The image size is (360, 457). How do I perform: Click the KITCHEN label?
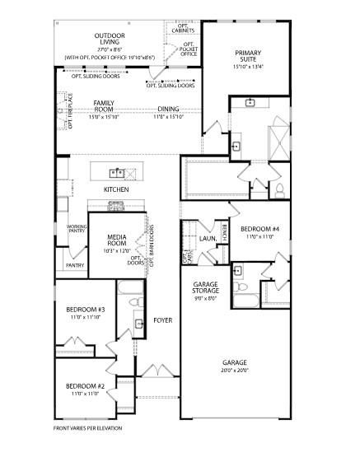tap(116, 189)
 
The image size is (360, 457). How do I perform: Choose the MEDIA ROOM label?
tap(116, 240)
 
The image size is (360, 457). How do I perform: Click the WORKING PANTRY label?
tap(77, 229)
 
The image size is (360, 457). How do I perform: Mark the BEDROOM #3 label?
tap(86, 310)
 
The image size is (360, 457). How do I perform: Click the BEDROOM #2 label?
tap(86, 385)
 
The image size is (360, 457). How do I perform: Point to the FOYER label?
tap(162, 319)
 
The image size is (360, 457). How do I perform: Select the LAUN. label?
tap(207, 239)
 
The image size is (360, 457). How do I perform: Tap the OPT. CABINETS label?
tap(183, 29)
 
